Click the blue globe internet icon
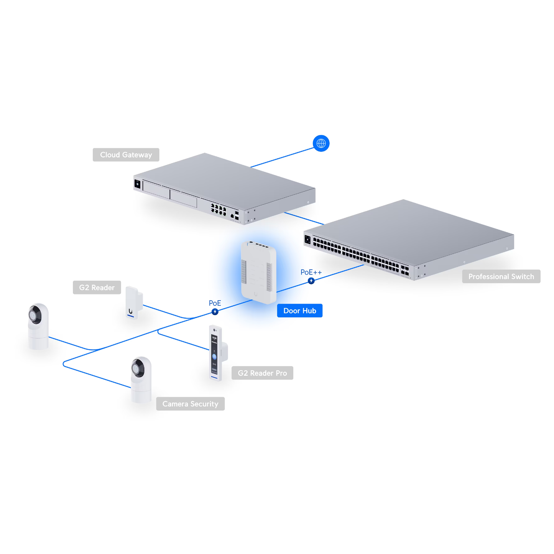point(321,143)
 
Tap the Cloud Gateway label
point(126,155)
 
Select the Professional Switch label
point(501,276)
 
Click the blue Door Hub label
point(299,311)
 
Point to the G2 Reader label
point(97,288)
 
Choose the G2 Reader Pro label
point(262,373)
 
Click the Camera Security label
point(190,404)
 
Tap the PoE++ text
point(311,272)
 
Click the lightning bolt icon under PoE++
point(311,281)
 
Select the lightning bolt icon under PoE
point(215,312)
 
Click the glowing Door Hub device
point(258,272)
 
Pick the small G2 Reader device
point(133,303)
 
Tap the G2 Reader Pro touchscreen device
point(215,353)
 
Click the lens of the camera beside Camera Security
point(137,368)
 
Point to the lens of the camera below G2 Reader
point(35,315)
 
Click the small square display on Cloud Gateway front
point(137,184)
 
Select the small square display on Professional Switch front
point(307,240)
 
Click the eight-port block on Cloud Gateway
point(218,209)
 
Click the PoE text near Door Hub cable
point(215,303)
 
